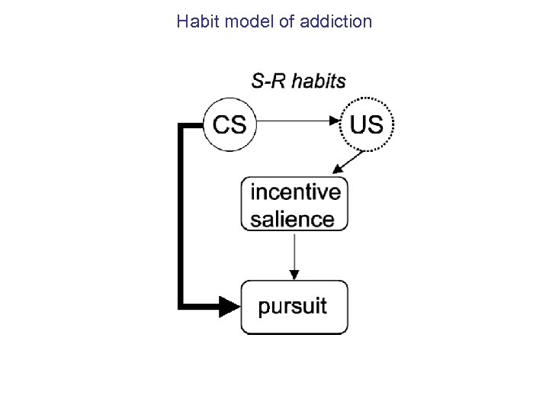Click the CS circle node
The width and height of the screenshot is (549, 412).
230,124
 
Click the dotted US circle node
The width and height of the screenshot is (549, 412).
366,124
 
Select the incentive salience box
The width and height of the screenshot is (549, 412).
294,204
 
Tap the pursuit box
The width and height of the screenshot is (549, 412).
294,307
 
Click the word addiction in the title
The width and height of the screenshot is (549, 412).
336,21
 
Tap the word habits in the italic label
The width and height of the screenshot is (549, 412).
319,81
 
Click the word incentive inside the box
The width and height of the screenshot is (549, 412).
295,191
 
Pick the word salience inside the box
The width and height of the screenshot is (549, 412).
292,219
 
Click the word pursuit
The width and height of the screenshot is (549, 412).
292,307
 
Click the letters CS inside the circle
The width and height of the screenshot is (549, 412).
230,124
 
